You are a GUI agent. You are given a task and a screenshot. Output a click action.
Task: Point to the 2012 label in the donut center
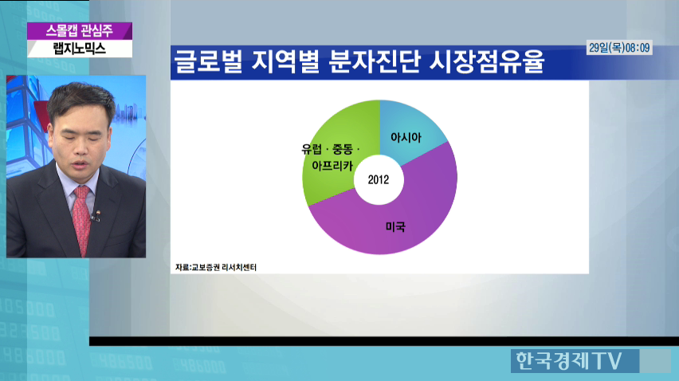379,179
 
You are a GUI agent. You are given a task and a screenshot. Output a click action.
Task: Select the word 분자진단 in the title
374,61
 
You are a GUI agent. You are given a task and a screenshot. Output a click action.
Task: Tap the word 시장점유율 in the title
487,61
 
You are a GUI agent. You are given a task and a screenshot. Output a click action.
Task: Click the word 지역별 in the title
285,61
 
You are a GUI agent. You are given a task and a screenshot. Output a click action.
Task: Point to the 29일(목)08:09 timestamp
619,48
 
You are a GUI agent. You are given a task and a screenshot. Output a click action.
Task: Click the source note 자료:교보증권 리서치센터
216,268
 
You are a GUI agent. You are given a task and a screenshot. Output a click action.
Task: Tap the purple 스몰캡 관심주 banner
80,31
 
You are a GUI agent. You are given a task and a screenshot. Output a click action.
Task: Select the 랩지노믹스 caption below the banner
80,49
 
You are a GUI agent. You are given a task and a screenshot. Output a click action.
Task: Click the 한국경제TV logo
569,360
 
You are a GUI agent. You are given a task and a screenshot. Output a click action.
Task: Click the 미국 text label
395,226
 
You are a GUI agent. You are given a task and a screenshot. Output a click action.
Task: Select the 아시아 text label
406,137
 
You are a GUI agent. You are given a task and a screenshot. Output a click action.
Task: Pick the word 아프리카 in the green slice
332,165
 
